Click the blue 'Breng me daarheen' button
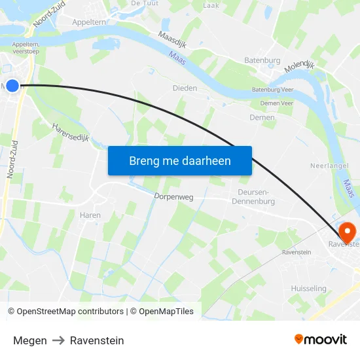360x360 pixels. pyautogui.click(x=180, y=160)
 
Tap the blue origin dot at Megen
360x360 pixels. pyautogui.click(x=12, y=85)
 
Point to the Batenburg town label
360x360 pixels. pyautogui.click(x=262, y=61)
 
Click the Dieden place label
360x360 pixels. pyautogui.click(x=185, y=88)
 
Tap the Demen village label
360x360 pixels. pyautogui.click(x=262, y=118)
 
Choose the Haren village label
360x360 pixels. pyautogui.click(x=90, y=215)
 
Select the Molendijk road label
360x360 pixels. pyautogui.click(x=300, y=66)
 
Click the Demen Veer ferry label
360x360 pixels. pyautogui.click(x=276, y=103)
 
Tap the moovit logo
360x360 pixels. pyautogui.click(x=321, y=339)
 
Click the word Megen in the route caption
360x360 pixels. pyautogui.click(x=30, y=340)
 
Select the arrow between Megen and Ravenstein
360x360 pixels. pyautogui.click(x=58, y=340)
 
